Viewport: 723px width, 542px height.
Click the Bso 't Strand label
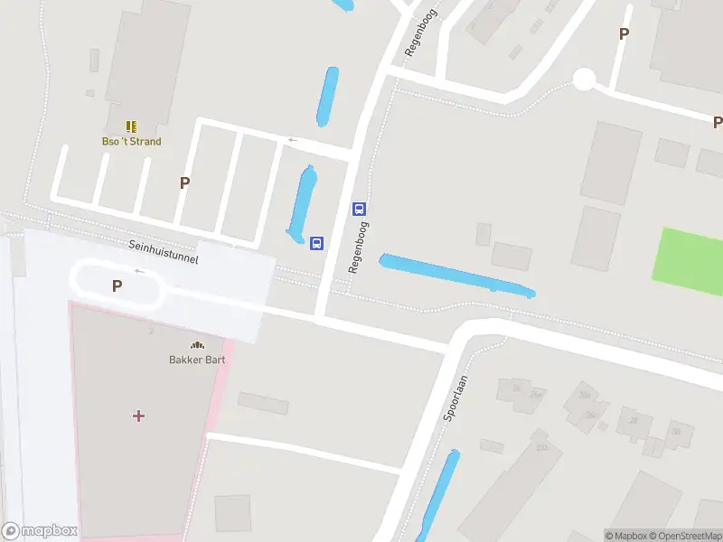point(131,142)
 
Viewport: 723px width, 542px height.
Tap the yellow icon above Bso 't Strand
point(131,126)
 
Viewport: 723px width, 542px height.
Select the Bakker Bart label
point(197,360)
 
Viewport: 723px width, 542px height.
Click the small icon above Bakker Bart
point(197,344)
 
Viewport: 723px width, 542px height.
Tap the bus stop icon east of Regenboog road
point(359,210)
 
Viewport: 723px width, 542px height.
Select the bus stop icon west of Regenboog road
point(317,243)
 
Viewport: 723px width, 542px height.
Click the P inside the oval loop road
point(117,286)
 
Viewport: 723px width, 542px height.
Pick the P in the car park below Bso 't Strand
point(184,182)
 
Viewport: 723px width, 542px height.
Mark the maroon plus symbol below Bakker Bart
point(138,416)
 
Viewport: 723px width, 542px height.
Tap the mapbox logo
point(40,531)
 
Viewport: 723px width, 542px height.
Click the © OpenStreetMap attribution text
point(684,536)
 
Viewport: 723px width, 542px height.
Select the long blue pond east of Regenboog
point(456,276)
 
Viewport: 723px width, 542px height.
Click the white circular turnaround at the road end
point(584,80)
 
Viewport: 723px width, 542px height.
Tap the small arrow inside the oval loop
point(139,271)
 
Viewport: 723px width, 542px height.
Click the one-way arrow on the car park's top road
point(292,140)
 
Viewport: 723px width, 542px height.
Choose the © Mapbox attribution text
point(626,536)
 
